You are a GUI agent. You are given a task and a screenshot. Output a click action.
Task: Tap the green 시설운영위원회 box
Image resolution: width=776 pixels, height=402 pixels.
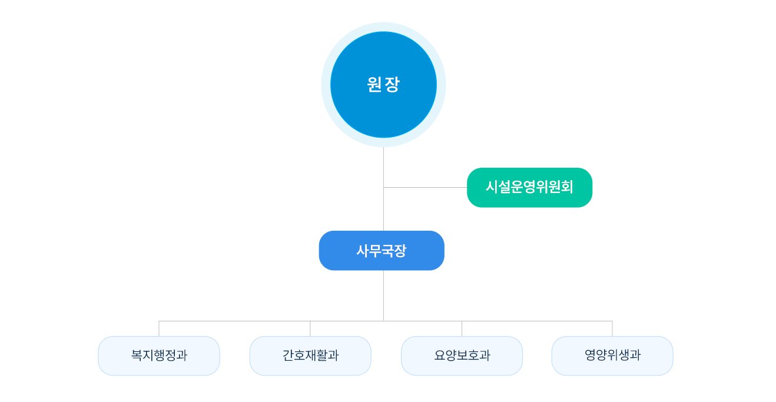coord(529,187)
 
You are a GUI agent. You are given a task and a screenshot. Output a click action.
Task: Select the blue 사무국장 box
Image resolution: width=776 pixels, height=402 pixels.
coord(381,251)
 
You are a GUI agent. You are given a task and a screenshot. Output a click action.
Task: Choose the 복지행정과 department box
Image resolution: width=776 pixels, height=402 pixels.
coord(159,356)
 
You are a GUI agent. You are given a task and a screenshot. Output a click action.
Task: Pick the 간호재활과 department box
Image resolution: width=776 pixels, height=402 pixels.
coord(310,356)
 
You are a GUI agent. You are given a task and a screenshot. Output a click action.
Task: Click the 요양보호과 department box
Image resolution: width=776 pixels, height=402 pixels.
coord(462,356)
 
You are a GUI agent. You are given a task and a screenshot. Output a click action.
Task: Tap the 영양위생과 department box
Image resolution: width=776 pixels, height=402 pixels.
coord(612,356)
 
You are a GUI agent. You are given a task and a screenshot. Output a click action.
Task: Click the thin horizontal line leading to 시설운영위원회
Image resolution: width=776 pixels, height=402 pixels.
coord(450,187)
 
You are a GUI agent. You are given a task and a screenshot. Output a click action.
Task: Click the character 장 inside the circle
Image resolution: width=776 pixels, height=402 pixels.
coord(392,85)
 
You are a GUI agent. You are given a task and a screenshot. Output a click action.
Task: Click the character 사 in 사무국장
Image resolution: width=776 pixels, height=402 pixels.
coord(362,251)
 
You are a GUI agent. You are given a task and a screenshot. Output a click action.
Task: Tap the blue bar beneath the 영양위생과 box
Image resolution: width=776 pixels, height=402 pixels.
coord(612,376)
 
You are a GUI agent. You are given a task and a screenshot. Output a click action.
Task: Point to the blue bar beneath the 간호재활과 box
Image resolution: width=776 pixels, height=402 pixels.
coord(310,376)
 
